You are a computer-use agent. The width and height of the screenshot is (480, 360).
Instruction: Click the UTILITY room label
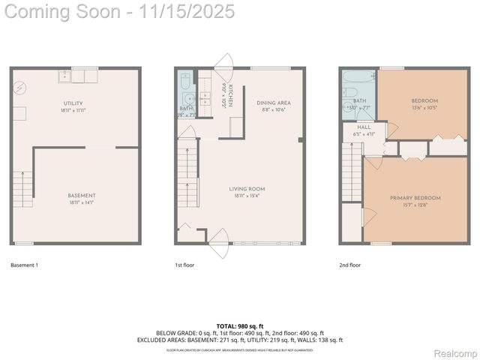click(73, 103)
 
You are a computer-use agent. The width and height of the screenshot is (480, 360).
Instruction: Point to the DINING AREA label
click(274, 103)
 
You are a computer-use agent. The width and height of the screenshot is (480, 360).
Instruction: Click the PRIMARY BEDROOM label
click(415, 198)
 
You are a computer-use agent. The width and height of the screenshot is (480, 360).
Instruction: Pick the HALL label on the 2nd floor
click(364, 127)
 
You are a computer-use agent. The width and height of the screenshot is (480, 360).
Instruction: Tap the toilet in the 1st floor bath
click(185, 79)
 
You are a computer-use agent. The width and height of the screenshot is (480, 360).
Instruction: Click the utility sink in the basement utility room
click(64, 75)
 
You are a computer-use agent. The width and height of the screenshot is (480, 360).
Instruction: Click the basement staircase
click(22, 189)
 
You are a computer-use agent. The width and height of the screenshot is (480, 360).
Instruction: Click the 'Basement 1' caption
click(25, 265)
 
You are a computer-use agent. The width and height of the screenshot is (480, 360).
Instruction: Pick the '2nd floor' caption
click(349, 265)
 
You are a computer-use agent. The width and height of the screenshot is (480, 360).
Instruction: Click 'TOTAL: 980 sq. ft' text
click(239, 325)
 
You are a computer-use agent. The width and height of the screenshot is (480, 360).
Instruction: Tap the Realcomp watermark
click(455, 353)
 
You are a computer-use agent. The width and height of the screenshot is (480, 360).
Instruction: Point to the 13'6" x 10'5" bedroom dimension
click(424, 107)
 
